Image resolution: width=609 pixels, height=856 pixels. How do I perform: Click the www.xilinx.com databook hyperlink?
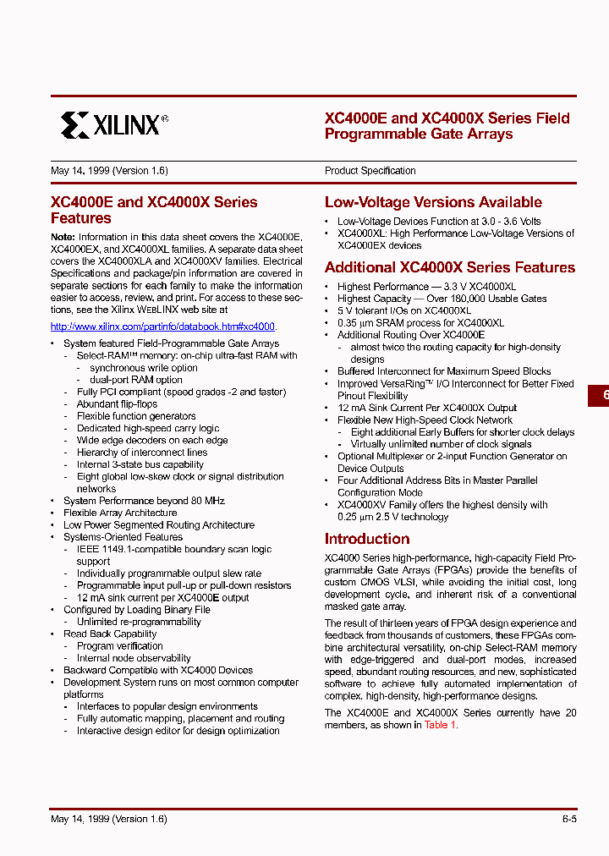click(163, 326)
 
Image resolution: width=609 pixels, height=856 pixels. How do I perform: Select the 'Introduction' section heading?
click(367, 539)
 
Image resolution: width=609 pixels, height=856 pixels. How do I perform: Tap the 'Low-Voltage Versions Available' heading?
click(433, 202)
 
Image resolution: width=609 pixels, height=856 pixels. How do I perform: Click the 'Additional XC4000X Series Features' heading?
click(449, 267)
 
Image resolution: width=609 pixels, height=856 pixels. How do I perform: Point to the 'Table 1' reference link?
click(440, 725)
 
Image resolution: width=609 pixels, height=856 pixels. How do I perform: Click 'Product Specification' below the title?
click(370, 171)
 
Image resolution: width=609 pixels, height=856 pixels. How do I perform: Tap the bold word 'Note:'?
click(63, 238)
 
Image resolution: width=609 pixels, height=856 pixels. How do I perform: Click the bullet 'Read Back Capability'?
click(110, 634)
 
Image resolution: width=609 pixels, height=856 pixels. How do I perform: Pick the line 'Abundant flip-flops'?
click(117, 404)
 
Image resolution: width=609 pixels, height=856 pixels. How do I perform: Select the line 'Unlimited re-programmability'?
click(139, 622)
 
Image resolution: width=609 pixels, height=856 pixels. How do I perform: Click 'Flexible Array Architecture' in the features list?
click(120, 513)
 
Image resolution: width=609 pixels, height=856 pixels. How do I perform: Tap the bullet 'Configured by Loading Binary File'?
click(137, 610)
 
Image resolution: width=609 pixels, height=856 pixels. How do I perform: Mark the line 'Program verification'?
click(120, 646)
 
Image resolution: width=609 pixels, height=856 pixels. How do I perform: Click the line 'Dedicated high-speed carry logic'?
click(148, 428)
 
